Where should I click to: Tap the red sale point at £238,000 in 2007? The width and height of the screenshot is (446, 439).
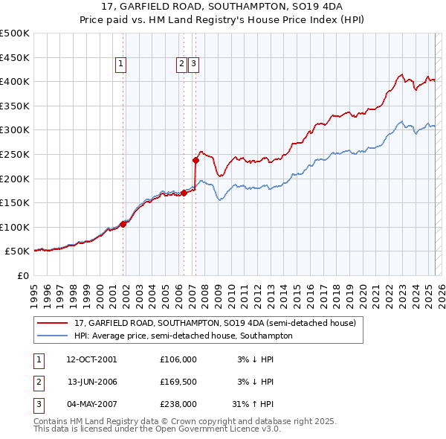click(195, 160)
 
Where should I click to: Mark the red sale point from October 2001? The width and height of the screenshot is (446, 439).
click(123, 224)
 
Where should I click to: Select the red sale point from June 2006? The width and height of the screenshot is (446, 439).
click(184, 193)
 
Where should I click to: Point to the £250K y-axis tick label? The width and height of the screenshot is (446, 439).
click(16, 154)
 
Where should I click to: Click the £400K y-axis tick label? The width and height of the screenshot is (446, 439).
click(16, 81)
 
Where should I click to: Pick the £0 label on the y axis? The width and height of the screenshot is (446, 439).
click(24, 276)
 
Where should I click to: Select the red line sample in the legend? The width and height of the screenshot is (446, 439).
click(52, 324)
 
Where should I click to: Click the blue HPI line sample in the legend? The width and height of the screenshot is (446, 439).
click(52, 336)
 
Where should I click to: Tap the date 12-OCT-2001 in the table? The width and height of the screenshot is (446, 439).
click(91, 359)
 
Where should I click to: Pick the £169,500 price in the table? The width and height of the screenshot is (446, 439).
click(178, 382)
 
